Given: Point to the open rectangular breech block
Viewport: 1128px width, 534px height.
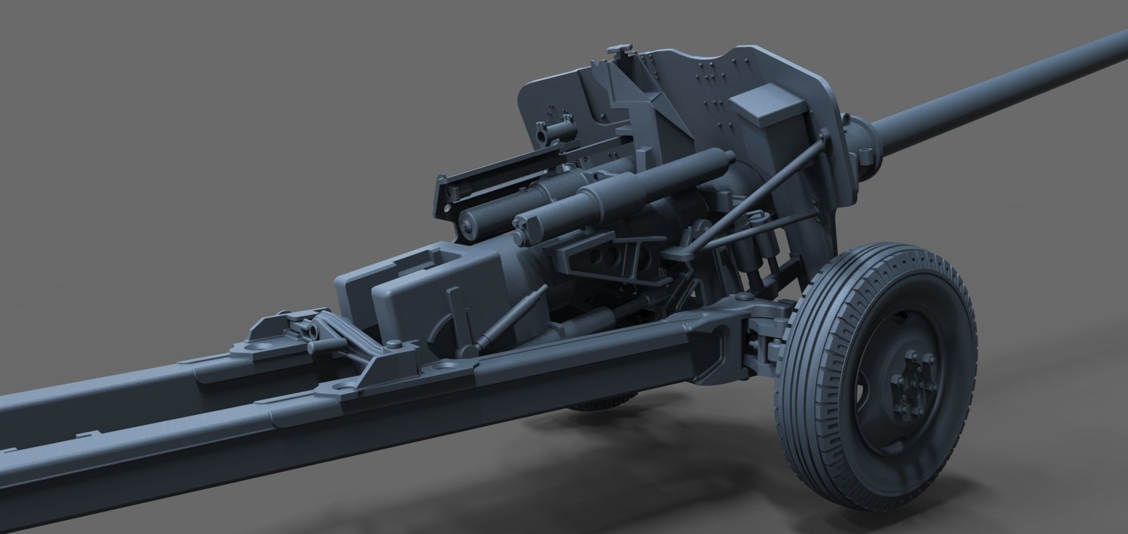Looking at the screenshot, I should tap(405, 264).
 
